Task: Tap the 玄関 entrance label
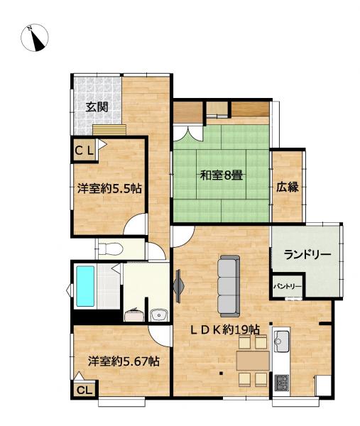(x=97, y=107)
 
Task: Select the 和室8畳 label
(x=221, y=174)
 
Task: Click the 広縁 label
(x=287, y=187)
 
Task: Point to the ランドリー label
(x=306, y=255)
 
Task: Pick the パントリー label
(x=288, y=287)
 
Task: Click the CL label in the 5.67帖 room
(x=84, y=390)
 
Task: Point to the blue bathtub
(x=86, y=285)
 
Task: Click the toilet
(x=110, y=248)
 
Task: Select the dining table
(x=252, y=360)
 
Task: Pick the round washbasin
(x=158, y=315)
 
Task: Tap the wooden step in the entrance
(x=109, y=129)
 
